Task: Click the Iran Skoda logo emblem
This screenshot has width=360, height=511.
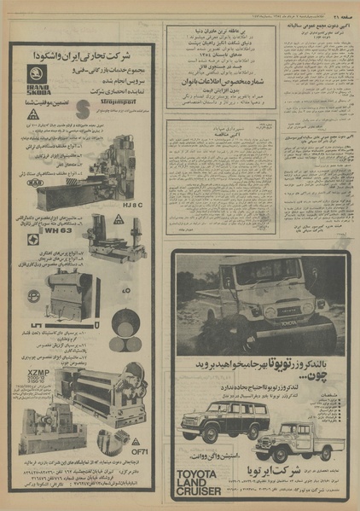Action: point(34,79)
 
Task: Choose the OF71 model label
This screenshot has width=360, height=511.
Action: point(139,453)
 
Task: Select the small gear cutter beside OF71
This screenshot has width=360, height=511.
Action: point(119,443)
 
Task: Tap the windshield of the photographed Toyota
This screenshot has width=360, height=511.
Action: point(252,275)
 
